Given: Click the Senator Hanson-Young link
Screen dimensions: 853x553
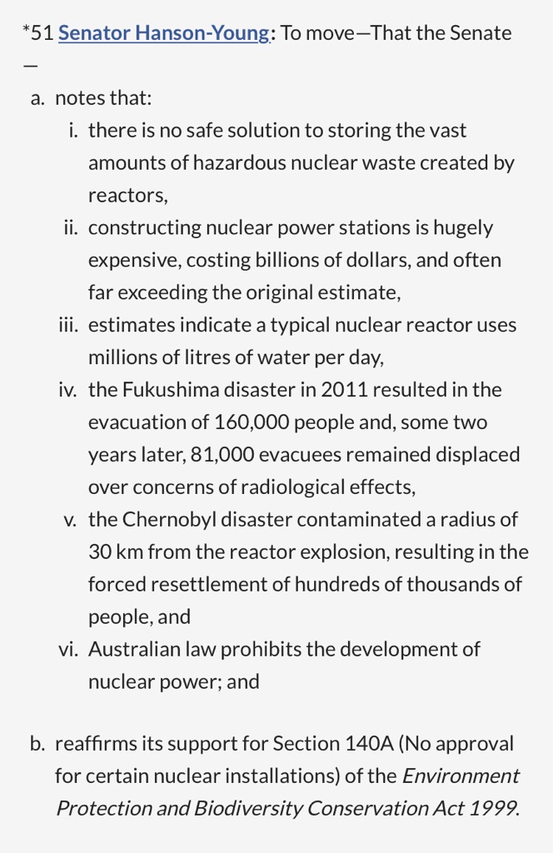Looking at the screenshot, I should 164,33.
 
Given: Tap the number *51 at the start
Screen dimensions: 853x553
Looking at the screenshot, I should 38,33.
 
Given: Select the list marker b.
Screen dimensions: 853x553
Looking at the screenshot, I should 37,743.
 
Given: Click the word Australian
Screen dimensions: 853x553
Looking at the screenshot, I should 129,649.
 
